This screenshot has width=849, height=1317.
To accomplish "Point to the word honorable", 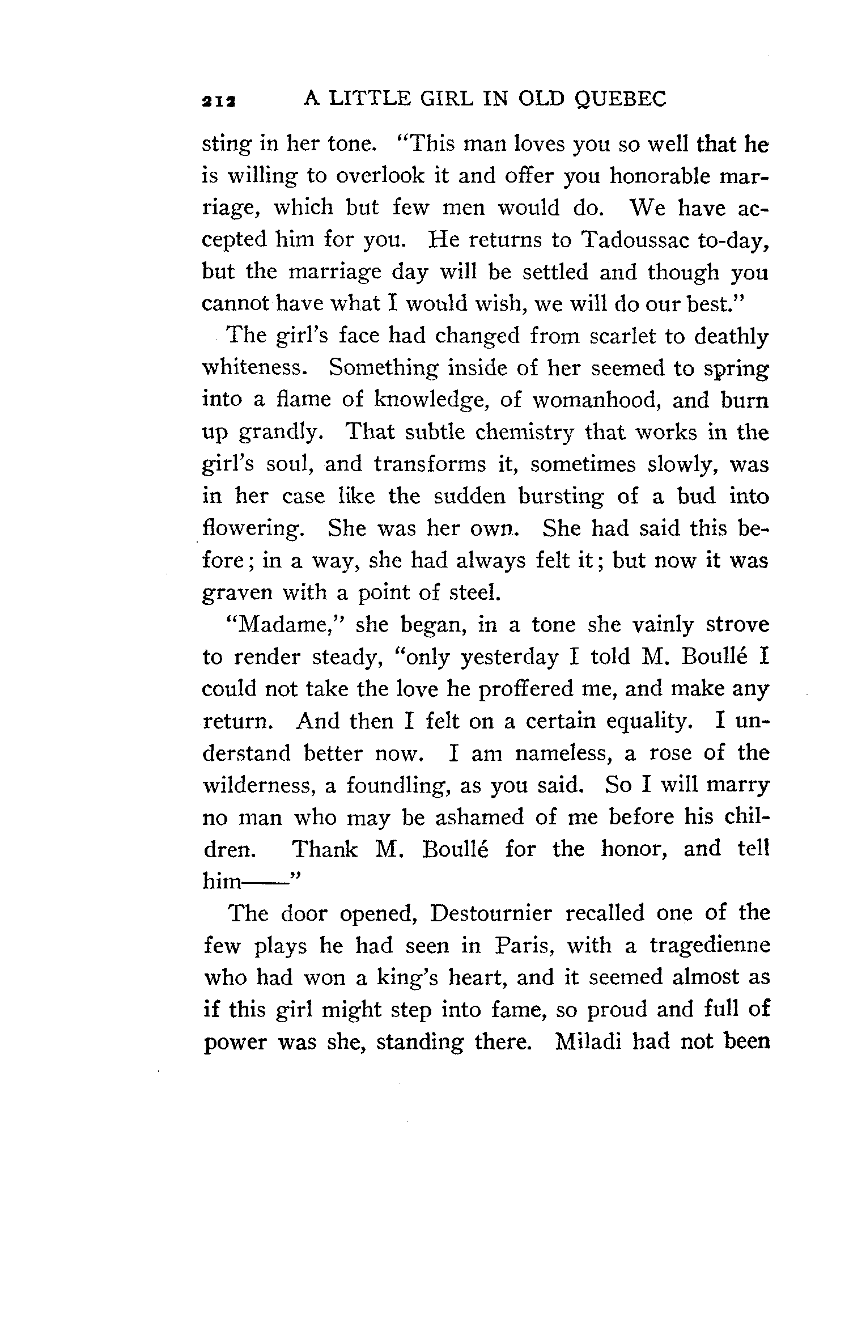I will tap(655, 177).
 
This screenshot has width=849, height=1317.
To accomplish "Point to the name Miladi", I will tap(588, 1041).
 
